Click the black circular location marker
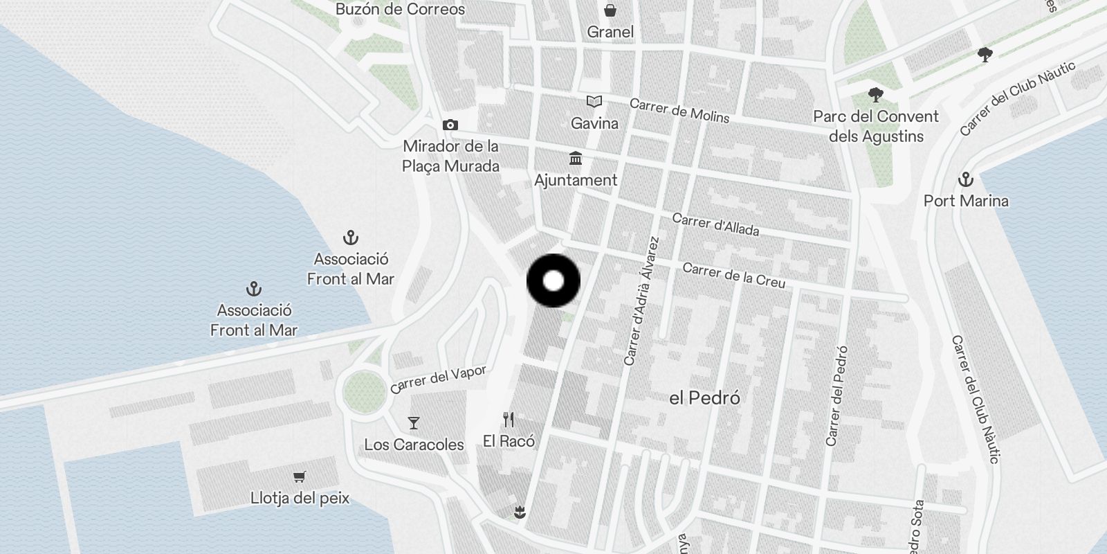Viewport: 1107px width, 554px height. point(553,281)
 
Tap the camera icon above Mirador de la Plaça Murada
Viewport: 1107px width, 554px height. point(450,125)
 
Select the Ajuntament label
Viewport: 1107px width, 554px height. point(576,180)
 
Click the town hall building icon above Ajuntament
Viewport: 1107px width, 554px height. point(576,159)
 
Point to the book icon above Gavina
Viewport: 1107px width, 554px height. point(594,102)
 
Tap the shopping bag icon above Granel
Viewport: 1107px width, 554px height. point(610,10)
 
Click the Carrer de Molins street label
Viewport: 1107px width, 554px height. point(679,111)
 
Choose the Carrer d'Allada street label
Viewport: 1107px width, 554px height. point(715,224)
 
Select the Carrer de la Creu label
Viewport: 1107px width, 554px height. point(733,275)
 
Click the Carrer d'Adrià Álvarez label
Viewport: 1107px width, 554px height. point(641,301)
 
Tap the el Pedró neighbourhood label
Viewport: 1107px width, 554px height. point(705,398)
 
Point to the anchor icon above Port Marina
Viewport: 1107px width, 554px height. point(966,180)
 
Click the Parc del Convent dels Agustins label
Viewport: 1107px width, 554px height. point(876,126)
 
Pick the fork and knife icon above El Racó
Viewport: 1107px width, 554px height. point(509,420)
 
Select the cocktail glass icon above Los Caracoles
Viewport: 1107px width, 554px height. point(414,422)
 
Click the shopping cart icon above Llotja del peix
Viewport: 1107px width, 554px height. point(300,476)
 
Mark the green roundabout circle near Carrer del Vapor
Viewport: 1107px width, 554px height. point(365,391)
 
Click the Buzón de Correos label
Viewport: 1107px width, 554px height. point(400,9)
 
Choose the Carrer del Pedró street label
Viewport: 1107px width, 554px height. point(836,396)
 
